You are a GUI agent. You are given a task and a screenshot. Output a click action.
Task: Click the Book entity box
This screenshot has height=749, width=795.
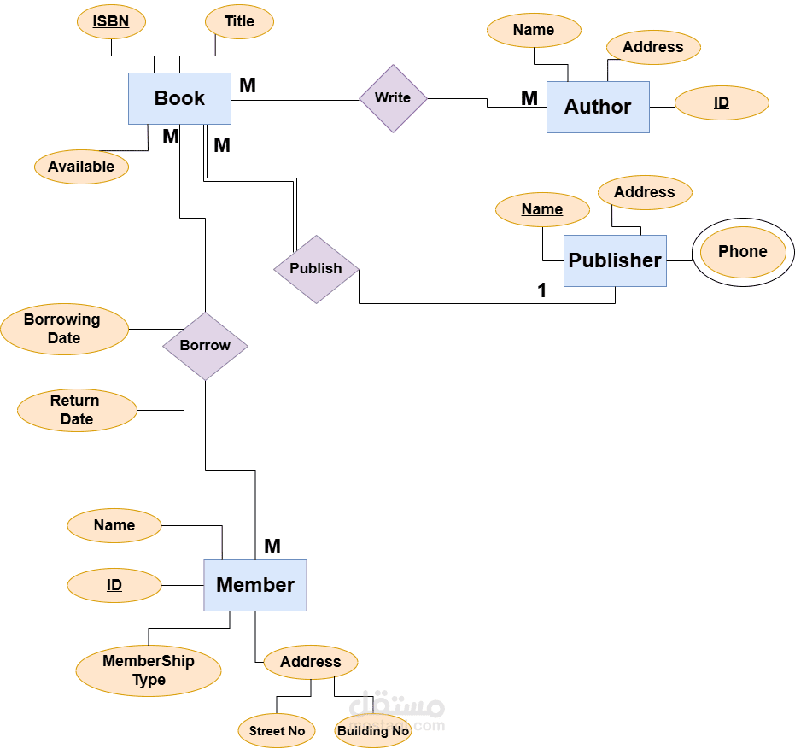pyautogui.click(x=179, y=98)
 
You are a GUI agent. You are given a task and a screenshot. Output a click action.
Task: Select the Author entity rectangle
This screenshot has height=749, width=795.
pyautogui.click(x=598, y=107)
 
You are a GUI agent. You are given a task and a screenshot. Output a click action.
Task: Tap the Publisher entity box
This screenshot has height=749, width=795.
pyautogui.click(x=615, y=260)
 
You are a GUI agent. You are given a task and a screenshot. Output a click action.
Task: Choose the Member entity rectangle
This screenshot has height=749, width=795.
pyautogui.click(x=254, y=585)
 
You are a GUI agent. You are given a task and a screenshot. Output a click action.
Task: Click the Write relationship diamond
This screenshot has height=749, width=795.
pyautogui.click(x=393, y=98)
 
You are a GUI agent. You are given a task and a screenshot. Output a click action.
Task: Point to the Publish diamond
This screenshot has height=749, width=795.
pyautogui.click(x=316, y=269)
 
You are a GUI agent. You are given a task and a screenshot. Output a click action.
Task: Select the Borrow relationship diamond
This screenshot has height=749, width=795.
pyautogui.click(x=205, y=346)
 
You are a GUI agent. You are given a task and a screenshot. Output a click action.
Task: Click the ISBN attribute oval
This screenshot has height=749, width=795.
pyautogui.click(x=111, y=22)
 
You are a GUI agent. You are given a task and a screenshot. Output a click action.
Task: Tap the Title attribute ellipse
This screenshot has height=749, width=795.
pyautogui.click(x=239, y=22)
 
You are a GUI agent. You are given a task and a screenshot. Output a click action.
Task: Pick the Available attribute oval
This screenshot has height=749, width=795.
pyautogui.click(x=81, y=167)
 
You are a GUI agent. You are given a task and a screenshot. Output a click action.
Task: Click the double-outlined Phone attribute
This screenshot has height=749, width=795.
pyautogui.click(x=742, y=252)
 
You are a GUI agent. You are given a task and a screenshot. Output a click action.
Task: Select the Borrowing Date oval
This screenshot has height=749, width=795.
pyautogui.click(x=64, y=329)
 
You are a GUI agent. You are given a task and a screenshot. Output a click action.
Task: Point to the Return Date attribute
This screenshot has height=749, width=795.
pyautogui.click(x=76, y=410)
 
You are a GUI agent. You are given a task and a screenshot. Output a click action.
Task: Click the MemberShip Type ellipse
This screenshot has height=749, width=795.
pyautogui.click(x=149, y=670)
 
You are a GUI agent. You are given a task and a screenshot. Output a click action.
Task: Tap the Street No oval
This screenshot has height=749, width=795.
pyautogui.click(x=277, y=731)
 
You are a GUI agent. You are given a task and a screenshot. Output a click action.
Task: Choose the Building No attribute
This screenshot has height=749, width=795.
pyautogui.click(x=373, y=731)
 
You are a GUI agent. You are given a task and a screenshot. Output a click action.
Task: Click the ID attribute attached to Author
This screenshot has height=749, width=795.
pyautogui.click(x=722, y=103)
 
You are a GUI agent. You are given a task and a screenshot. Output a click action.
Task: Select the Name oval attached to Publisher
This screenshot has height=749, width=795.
pyautogui.click(x=542, y=209)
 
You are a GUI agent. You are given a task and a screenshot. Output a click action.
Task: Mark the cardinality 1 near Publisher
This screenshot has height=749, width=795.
pyautogui.click(x=541, y=291)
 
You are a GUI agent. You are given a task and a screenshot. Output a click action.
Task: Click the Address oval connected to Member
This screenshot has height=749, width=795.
pyautogui.click(x=310, y=662)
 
